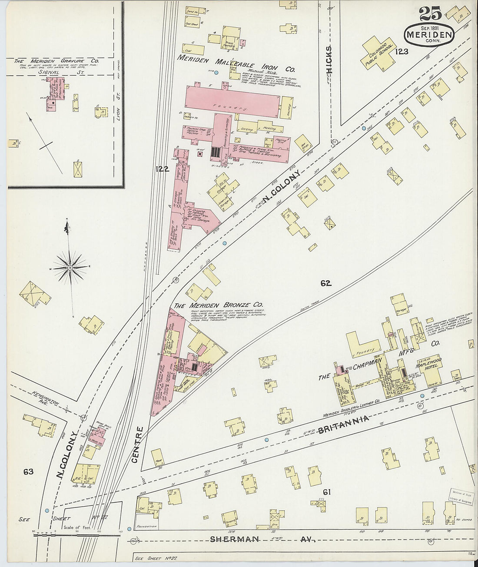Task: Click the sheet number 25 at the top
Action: point(430,14)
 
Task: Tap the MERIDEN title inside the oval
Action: point(430,33)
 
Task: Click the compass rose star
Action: point(70,267)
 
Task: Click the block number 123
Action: point(402,52)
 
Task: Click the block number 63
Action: point(29,471)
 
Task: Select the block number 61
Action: point(327,491)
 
